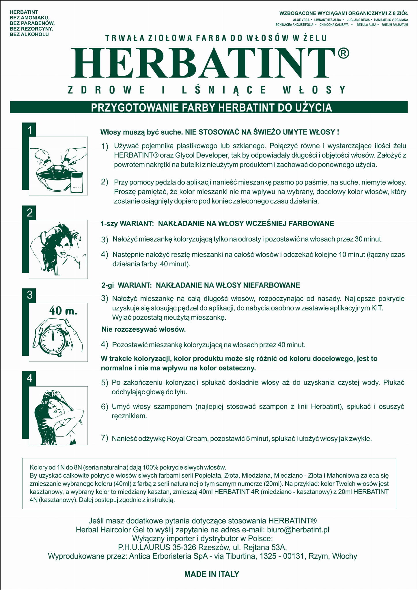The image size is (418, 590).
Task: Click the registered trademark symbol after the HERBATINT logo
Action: click(x=343, y=54)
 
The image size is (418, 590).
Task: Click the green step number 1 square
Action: click(x=29, y=130)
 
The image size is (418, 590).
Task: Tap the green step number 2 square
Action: click(x=29, y=213)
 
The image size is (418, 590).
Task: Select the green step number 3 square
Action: click(x=29, y=295)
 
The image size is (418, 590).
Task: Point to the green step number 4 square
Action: click(x=29, y=378)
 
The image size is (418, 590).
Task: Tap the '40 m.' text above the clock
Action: click(x=63, y=311)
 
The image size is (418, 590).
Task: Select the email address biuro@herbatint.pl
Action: click(x=298, y=529)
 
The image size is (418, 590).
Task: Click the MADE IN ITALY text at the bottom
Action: click(x=212, y=574)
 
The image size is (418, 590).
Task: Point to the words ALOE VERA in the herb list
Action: click(x=301, y=20)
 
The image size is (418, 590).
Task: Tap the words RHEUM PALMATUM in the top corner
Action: click(x=395, y=25)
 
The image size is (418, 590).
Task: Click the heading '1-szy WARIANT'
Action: click(x=127, y=223)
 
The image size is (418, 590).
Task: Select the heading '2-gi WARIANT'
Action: click(x=126, y=285)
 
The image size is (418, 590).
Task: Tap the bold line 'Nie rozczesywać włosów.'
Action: click(x=143, y=329)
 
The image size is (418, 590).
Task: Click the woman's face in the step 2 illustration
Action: click(x=66, y=248)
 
